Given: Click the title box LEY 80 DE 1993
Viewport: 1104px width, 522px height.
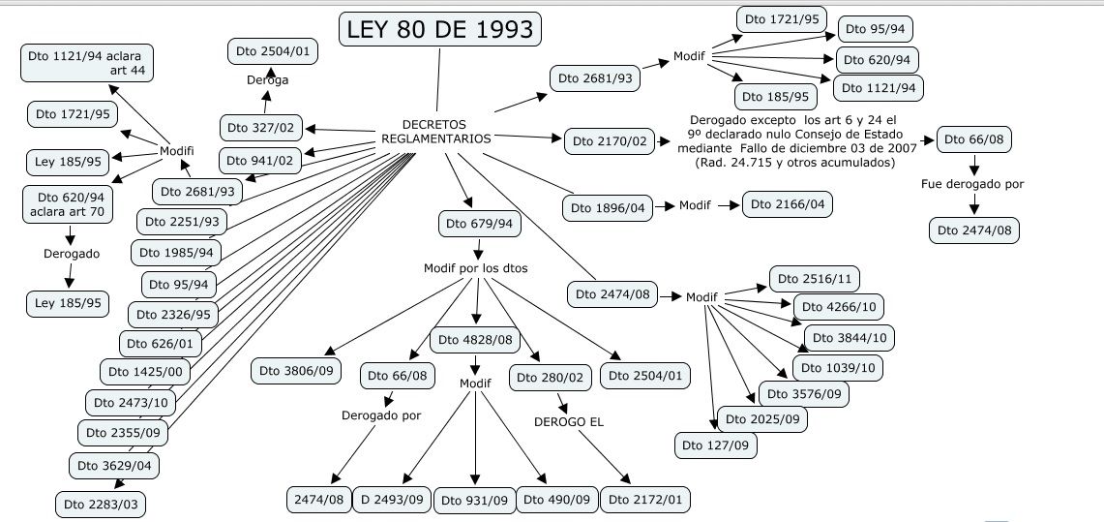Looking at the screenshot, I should (x=439, y=30).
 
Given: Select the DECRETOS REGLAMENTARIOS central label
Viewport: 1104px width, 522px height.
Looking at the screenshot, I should (x=434, y=132).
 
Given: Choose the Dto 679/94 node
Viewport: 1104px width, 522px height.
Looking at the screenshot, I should (x=477, y=224).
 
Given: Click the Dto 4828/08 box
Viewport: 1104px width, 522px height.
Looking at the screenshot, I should (x=476, y=341).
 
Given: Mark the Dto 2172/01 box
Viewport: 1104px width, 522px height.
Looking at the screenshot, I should (x=645, y=500).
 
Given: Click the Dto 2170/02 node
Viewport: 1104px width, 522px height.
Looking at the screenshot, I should (x=609, y=141).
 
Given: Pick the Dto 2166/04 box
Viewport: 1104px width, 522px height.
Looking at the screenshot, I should (x=788, y=204).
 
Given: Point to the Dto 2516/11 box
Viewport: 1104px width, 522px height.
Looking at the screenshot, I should (x=812, y=279).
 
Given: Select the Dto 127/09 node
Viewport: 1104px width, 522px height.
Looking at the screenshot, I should (x=716, y=445).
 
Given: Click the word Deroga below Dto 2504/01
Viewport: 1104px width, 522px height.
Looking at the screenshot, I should (x=266, y=80).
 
